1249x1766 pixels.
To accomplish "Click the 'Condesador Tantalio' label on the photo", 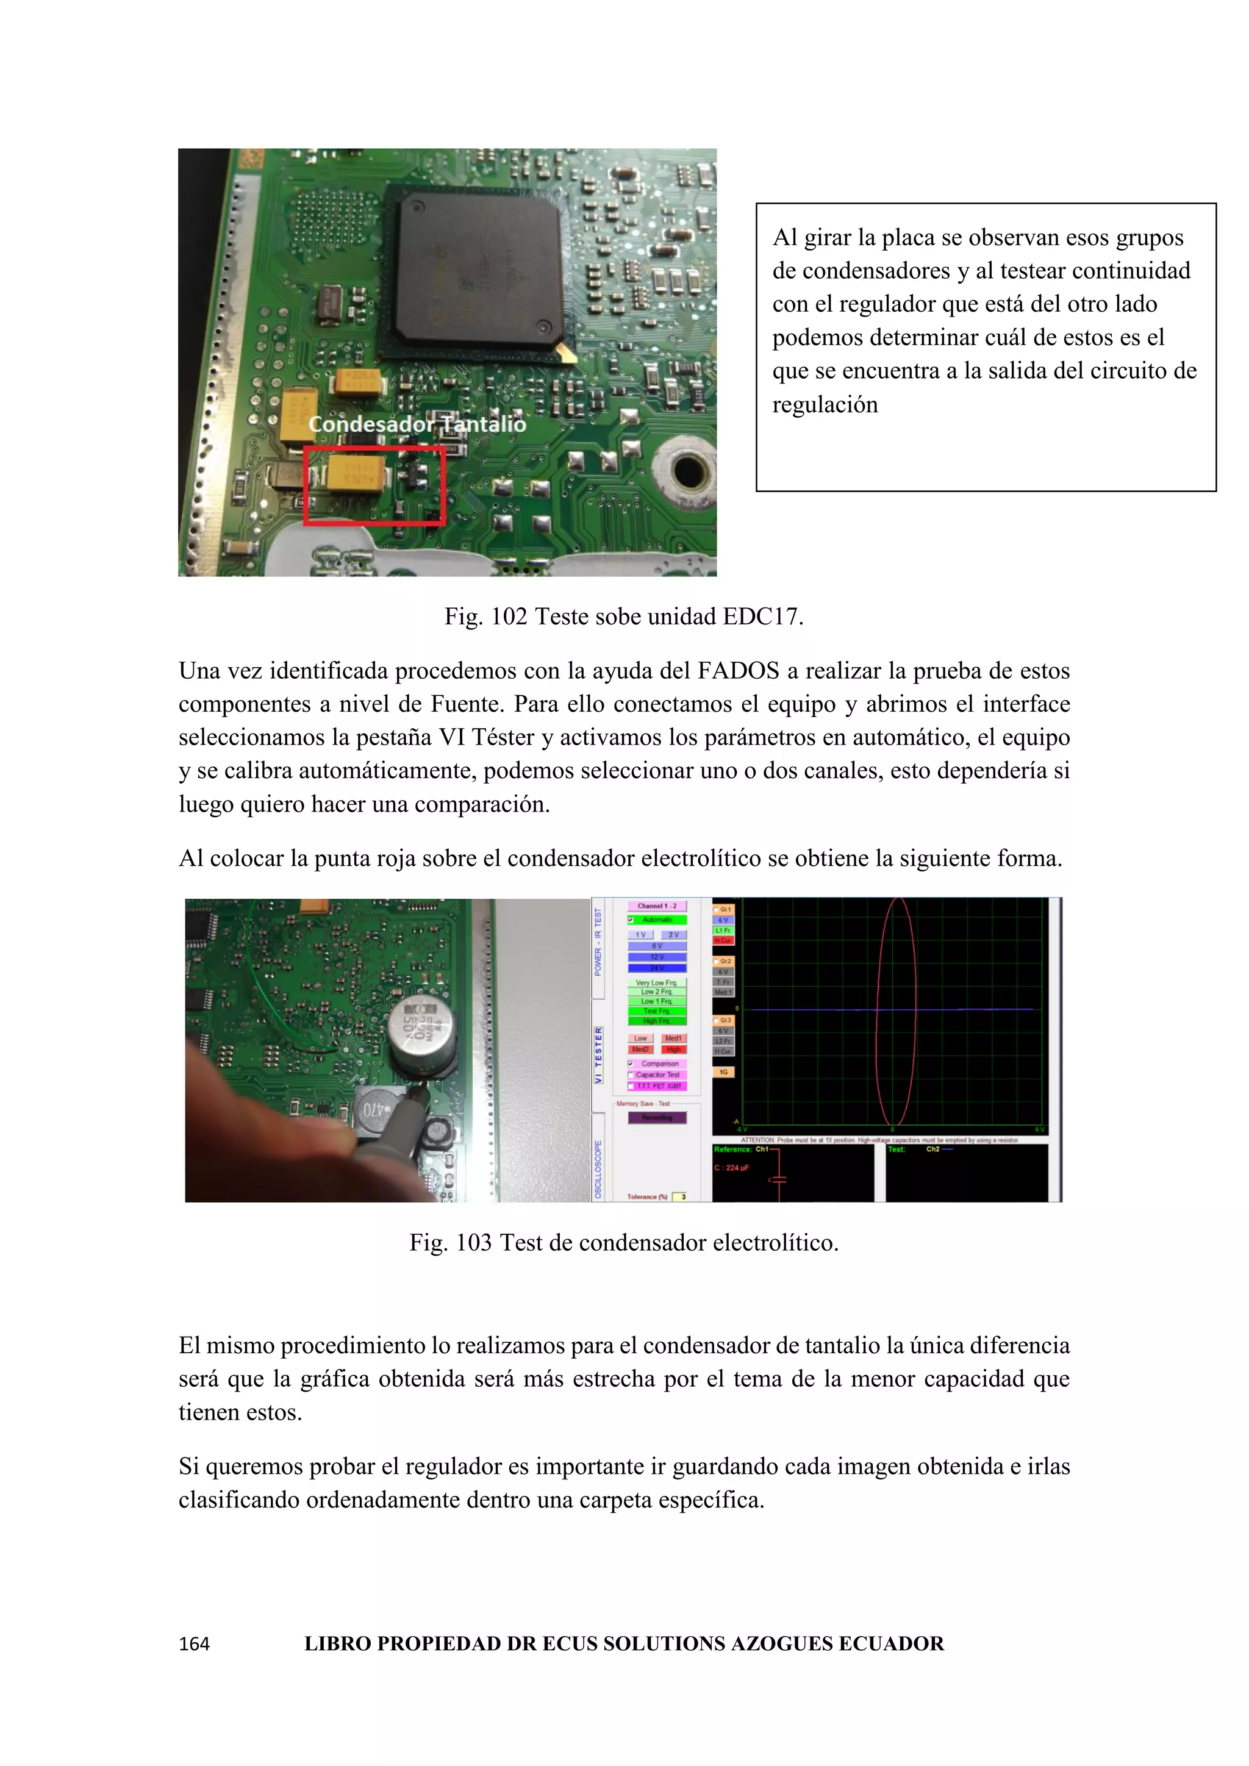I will pos(417,424).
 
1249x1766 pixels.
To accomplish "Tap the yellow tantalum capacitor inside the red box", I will pos(356,471).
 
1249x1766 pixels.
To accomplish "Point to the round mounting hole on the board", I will pos(687,470).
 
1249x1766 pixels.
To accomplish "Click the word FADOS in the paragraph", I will pos(739,671).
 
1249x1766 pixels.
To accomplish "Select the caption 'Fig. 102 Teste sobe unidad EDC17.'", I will pos(624,617).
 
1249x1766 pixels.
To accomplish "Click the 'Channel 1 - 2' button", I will pos(657,906).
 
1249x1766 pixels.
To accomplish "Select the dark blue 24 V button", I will pos(657,968).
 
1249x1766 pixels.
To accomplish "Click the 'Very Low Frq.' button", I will pos(657,982).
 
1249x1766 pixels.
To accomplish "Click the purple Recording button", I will pos(657,1118).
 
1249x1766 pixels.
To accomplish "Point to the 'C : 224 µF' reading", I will pos(732,1168).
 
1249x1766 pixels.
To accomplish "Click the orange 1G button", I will pos(724,1071).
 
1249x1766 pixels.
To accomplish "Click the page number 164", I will pos(195,1645).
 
